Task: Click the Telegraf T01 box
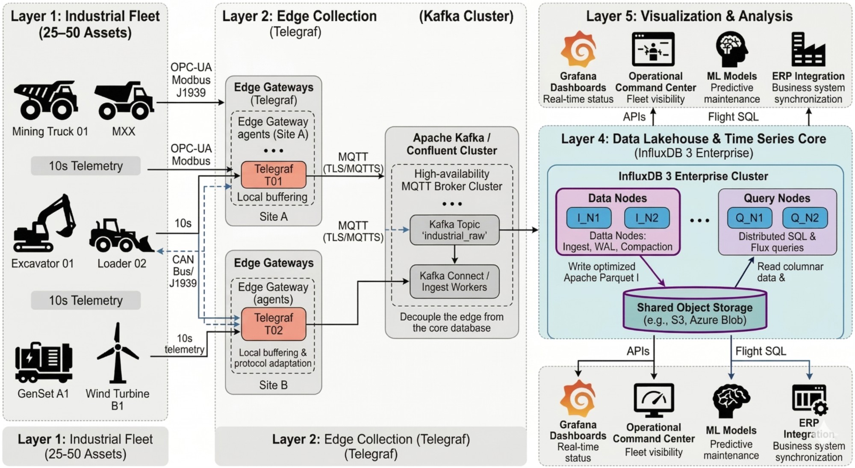tap(274, 175)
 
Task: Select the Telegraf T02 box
tap(274, 324)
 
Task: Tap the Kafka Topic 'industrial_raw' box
tap(454, 230)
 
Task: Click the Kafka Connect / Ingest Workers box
tap(454, 281)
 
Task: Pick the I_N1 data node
tap(589, 218)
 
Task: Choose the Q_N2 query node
tap(805, 218)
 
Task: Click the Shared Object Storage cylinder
tap(695, 311)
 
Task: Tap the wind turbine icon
tap(117, 353)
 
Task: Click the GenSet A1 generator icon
tap(43, 362)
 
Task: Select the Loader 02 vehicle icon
tap(121, 236)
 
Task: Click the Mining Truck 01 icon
tap(46, 101)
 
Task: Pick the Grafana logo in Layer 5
tap(578, 50)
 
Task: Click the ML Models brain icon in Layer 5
tap(731, 49)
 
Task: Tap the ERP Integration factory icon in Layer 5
tap(808, 50)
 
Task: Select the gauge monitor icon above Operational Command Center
tap(654, 400)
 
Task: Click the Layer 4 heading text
tap(693, 139)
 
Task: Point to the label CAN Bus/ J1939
tap(183, 271)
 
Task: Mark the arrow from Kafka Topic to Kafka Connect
tap(454, 255)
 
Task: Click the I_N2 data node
tap(646, 218)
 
